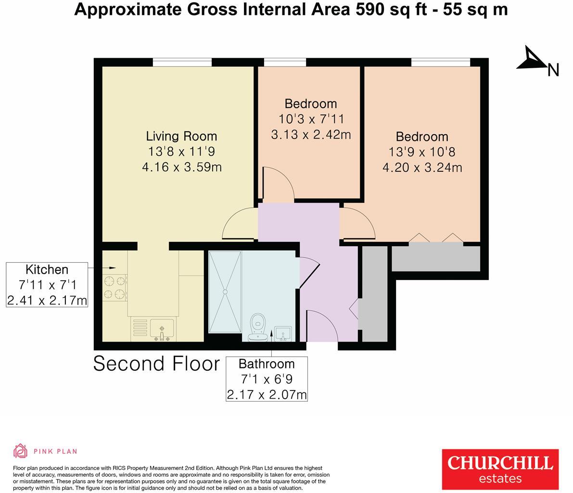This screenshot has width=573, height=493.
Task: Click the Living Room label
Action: pos(182,136)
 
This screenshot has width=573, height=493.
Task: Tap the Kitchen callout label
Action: pos(47,270)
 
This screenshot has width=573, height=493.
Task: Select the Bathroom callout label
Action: pos(267,364)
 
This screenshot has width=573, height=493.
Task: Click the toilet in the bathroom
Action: pos(258,327)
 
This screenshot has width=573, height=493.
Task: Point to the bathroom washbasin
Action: pos(283,334)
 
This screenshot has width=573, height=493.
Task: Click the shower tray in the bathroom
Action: pos(225,291)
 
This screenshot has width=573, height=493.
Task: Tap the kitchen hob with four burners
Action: pos(115,288)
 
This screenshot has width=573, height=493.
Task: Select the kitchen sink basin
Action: pos(162,328)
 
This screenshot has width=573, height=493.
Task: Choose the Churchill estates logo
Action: pos(500,469)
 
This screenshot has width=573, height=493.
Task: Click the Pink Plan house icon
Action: pos(20,451)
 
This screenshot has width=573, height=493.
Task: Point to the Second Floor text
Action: pos(156,364)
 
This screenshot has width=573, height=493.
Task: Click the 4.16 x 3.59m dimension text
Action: pos(182,167)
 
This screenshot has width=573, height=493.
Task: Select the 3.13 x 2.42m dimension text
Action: pos(311,135)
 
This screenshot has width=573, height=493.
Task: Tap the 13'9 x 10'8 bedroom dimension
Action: pos(422,152)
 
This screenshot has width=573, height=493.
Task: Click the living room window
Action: pos(182,62)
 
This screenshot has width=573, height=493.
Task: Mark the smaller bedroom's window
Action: pos(285,62)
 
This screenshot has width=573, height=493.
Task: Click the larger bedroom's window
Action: pos(441,62)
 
